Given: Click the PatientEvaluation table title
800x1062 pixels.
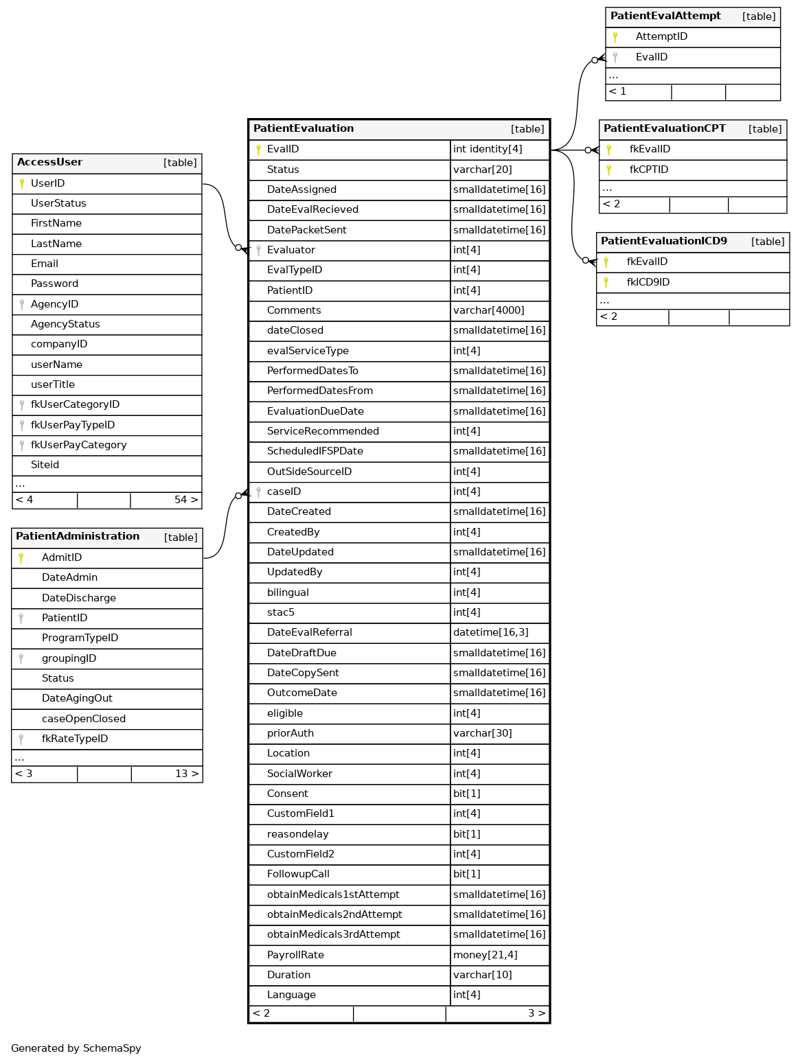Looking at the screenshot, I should pos(304,128).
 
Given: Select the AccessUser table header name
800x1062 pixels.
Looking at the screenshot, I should pos(49,163).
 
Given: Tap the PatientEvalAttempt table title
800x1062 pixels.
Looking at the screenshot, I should pos(665,16).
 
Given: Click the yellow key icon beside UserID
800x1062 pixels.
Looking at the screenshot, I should pos(22,183).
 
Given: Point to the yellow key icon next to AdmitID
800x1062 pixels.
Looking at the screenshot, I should pos(21,557).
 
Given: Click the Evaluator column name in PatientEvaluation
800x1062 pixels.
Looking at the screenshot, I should pos(291,250).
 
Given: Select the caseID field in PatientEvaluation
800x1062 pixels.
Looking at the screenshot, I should pos(284,492).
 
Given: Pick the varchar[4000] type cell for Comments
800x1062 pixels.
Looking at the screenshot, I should pos(488,310).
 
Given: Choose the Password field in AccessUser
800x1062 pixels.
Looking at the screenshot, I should pos(54,284).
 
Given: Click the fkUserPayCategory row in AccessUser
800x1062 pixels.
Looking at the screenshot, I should pos(78,445).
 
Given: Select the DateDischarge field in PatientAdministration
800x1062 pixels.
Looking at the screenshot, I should pos(78,598).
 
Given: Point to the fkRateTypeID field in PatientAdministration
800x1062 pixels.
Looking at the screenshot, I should pos(75,739).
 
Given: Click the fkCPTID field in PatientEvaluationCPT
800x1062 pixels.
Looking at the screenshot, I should pos(648,170).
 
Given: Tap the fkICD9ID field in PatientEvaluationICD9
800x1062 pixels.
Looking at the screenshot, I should pos(648,282).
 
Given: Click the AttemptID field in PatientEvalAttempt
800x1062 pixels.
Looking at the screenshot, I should pos(661,36).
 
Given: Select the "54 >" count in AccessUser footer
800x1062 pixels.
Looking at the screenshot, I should pos(186,500).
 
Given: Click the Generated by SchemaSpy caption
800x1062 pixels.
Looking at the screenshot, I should pos(76,1048).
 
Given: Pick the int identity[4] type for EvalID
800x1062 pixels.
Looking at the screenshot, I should pos(488,149).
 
